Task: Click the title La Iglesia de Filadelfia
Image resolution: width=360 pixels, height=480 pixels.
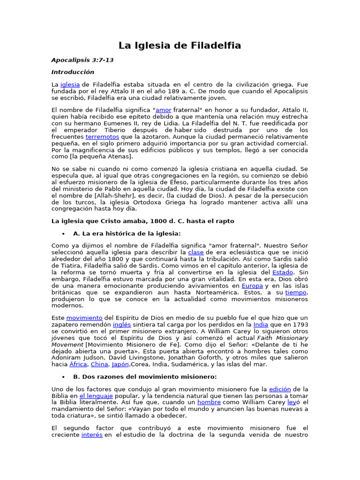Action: [x=180, y=45]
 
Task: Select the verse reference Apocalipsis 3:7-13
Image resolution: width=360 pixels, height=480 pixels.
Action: [x=82, y=60]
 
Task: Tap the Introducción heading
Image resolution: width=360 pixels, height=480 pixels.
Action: [x=73, y=72]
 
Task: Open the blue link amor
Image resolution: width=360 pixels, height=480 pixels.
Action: [x=163, y=110]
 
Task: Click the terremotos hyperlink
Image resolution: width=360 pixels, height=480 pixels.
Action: [x=102, y=136]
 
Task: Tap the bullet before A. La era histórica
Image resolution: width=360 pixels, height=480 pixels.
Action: [x=63, y=233]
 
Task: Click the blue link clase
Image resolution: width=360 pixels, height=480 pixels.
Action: [x=196, y=252]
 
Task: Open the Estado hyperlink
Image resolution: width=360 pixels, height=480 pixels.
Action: [x=283, y=272]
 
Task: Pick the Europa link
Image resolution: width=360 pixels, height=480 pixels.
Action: [x=252, y=285]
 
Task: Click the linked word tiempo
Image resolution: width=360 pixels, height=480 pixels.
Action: [x=296, y=292]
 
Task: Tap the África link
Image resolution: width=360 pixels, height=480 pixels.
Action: [x=78, y=364]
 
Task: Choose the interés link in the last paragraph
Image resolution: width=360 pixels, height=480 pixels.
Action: [x=92, y=435]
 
